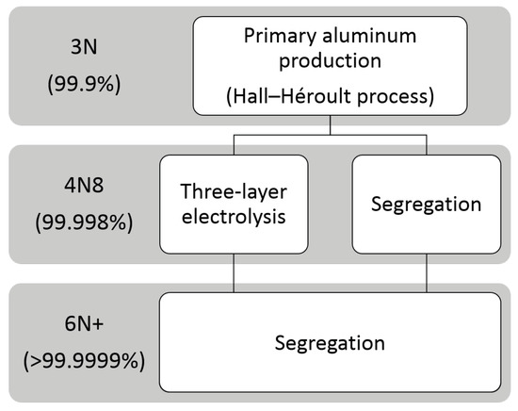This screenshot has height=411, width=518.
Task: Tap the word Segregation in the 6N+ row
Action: [x=328, y=341]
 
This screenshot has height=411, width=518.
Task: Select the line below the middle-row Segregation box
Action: [x=427, y=274]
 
